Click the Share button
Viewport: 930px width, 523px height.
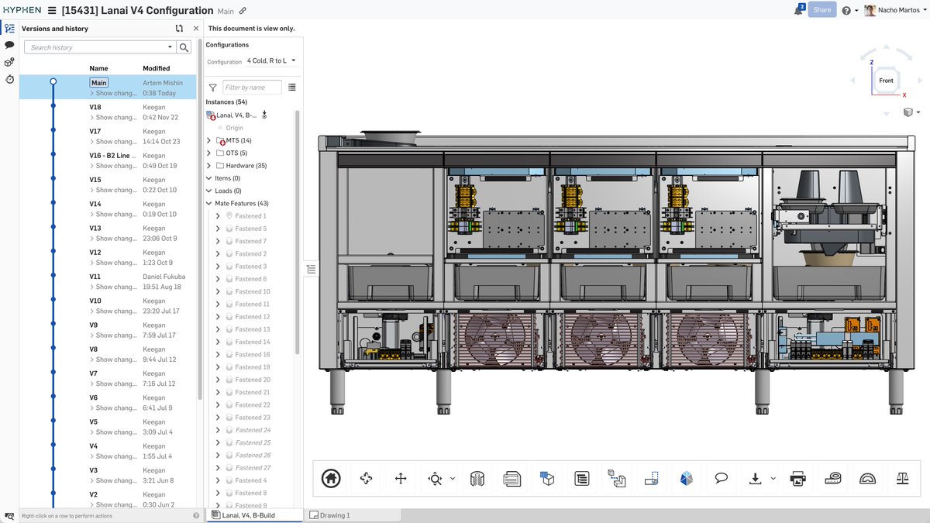click(x=821, y=10)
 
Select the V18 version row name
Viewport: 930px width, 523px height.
click(x=95, y=107)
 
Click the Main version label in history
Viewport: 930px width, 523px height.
click(x=98, y=83)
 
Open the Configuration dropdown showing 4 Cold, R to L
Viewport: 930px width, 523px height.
click(x=270, y=61)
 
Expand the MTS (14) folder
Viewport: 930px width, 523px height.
click(x=209, y=141)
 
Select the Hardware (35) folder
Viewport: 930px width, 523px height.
click(x=246, y=166)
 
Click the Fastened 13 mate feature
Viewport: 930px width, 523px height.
click(x=253, y=329)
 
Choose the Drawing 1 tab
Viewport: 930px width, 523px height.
click(x=335, y=515)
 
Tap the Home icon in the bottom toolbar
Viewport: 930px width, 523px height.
click(x=331, y=479)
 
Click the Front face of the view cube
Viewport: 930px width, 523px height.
click(x=886, y=81)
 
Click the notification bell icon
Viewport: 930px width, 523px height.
click(x=798, y=11)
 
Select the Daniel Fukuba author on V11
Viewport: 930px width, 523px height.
click(x=164, y=277)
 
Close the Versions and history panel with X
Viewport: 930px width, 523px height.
click(x=196, y=29)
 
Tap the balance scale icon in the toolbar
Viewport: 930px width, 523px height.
click(x=902, y=479)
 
